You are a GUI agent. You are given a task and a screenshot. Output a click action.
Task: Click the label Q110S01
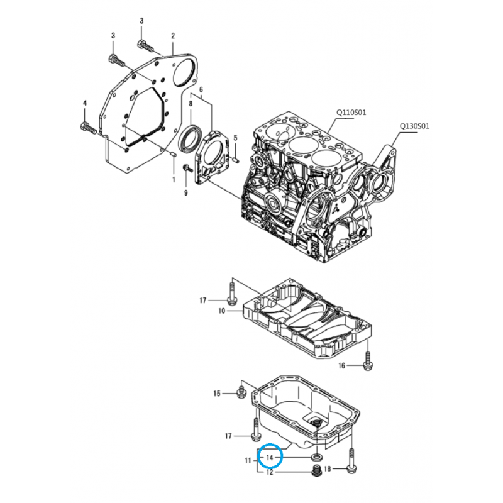[351, 113]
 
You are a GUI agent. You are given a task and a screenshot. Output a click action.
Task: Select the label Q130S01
[414, 125]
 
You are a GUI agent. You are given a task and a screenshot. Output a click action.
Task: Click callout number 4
[84, 102]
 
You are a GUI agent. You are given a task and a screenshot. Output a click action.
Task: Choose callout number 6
[201, 91]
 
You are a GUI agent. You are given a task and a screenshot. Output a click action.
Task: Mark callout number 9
[186, 192]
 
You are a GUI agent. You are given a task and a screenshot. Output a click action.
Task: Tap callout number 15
[217, 394]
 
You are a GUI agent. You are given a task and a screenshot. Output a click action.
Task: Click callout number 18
[363, 469]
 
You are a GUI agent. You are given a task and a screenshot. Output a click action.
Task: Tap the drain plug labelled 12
[317, 470]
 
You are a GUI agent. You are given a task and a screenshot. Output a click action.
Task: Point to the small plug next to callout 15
[240, 393]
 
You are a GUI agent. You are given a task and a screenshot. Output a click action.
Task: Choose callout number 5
[235, 137]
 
